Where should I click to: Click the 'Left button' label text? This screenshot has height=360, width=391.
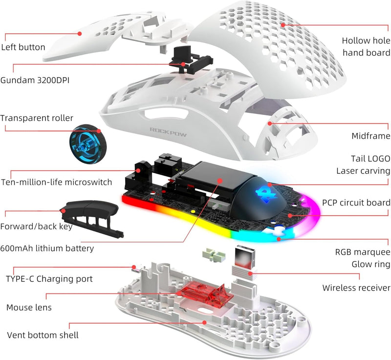23,47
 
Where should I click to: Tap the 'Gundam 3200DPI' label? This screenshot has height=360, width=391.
35,79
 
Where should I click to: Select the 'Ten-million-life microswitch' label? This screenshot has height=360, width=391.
56,182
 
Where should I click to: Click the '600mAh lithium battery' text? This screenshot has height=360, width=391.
47,248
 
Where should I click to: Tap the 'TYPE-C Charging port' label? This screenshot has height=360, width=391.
49,279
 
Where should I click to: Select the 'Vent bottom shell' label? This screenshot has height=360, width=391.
43,335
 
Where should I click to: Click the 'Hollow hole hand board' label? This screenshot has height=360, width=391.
366,47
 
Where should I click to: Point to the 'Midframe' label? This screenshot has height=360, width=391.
371,135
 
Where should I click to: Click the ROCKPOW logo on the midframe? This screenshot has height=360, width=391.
166,131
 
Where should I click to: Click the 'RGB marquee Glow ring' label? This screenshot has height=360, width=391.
363,258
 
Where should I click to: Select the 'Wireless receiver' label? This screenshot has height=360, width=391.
356,288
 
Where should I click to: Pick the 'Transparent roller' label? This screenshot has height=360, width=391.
37,118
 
